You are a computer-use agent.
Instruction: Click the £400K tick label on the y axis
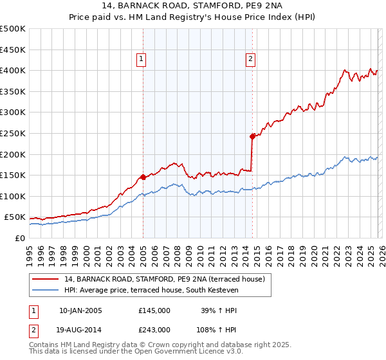pos(12,70)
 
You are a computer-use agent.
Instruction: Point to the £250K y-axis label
pos(12,133)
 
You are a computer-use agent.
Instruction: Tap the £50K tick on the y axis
pos(15,217)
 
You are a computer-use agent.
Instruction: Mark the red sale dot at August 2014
pos(252,136)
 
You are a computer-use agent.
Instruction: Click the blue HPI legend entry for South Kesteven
pos(151,291)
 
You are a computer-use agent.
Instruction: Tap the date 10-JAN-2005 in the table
pos(80,310)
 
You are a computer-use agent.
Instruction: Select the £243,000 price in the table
pos(154,329)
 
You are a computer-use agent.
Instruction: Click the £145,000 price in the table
pos(154,310)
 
